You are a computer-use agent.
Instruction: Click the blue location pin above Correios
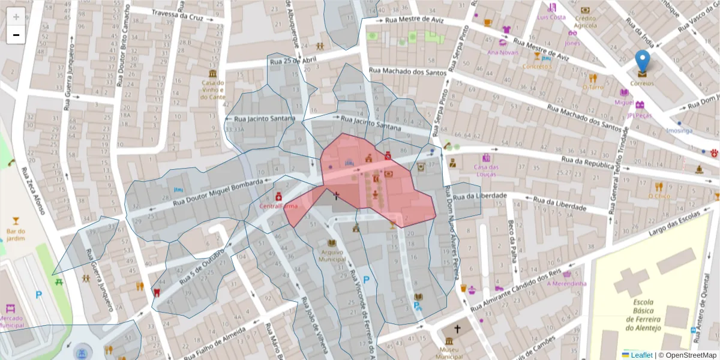[x=642, y=61]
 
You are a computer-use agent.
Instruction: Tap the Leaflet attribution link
[x=641, y=355]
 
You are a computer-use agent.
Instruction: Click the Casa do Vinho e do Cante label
[x=213, y=90]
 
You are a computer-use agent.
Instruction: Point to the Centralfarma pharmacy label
[x=278, y=206]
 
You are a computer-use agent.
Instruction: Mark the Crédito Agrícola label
[x=585, y=22]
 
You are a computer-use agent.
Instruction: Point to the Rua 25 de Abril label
[x=293, y=59]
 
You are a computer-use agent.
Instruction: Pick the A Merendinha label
[x=563, y=283]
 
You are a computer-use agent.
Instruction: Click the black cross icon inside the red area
[x=336, y=195]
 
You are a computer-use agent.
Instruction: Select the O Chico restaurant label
[x=659, y=196]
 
